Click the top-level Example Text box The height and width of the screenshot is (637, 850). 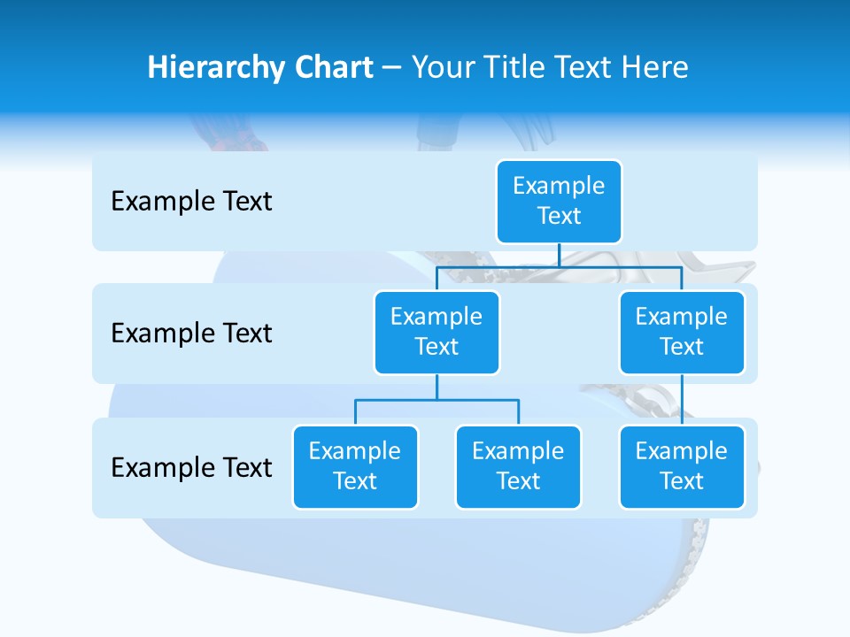click(559, 201)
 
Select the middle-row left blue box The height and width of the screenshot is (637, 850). click(437, 332)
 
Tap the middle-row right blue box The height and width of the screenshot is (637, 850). click(682, 332)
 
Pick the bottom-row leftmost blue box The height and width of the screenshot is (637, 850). click(355, 466)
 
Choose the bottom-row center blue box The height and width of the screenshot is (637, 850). click(518, 466)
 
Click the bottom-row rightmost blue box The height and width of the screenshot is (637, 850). click(682, 466)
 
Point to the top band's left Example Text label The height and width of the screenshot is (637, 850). click(191, 202)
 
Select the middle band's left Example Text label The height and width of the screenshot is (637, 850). click(191, 334)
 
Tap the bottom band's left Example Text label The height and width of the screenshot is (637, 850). click(191, 467)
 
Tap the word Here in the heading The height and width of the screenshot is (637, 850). click(655, 67)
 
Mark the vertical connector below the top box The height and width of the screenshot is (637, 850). click(559, 255)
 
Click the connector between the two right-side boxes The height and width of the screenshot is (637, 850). click(682, 399)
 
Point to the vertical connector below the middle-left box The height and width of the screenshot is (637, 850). click(437, 387)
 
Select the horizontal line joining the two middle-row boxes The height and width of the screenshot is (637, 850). click(559, 266)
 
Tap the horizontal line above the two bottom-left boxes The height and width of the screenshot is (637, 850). click(437, 400)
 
